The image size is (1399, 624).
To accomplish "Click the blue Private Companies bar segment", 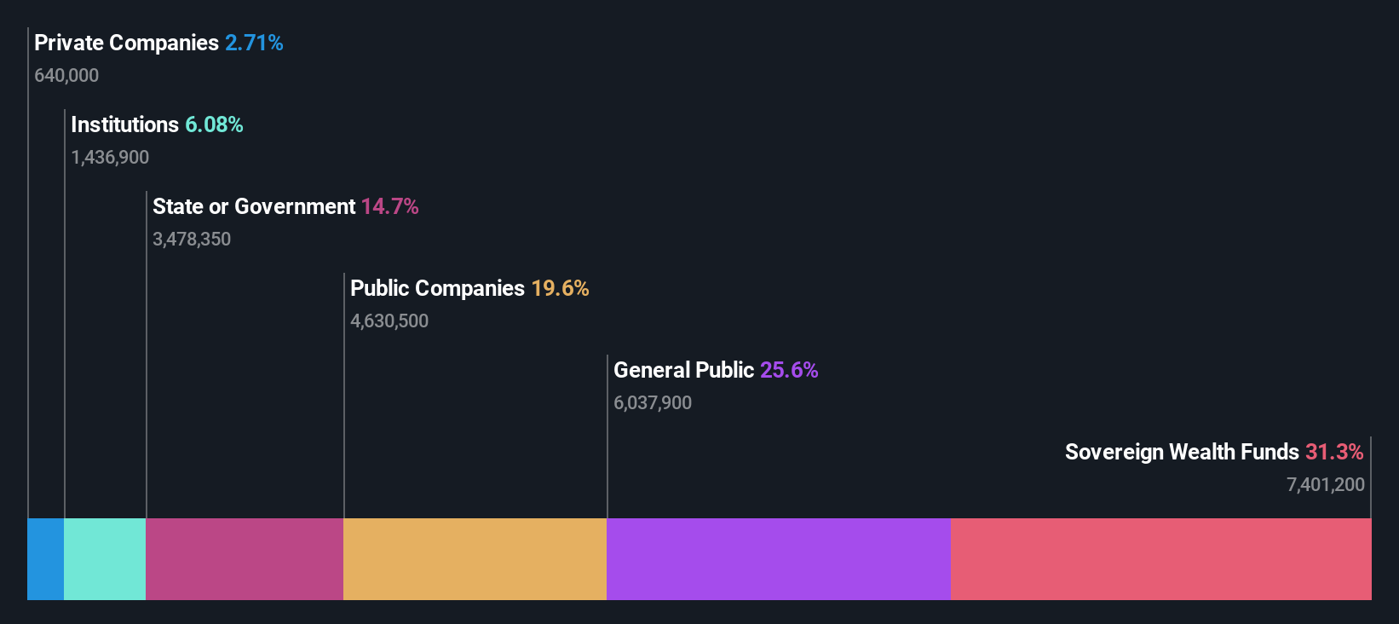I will point(45,558).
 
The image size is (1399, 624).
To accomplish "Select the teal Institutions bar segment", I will point(105,558).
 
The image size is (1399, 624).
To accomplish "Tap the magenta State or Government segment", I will point(245,558).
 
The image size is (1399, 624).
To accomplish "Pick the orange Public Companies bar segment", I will point(475,558).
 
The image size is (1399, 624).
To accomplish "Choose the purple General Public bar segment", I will point(778,558).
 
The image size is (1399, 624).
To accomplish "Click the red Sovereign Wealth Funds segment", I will point(1160,558).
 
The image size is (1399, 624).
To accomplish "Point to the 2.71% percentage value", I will point(254,43).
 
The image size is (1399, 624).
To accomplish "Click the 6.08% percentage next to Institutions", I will point(214,124).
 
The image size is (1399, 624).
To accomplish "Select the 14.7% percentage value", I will point(389,206).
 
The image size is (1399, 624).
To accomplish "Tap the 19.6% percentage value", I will point(560,288).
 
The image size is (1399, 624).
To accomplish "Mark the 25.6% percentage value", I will point(789,370).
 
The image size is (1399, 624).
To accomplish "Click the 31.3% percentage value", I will point(1334,452).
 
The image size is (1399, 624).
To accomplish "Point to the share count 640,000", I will point(66,75).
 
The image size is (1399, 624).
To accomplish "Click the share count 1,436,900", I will point(110,157).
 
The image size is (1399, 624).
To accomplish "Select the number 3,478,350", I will point(192,239).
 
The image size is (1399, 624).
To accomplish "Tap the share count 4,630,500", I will point(389,321).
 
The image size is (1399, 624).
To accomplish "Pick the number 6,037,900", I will point(653,402).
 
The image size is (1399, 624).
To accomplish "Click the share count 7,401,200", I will point(1325,484).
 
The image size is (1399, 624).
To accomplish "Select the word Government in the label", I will point(295,206).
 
